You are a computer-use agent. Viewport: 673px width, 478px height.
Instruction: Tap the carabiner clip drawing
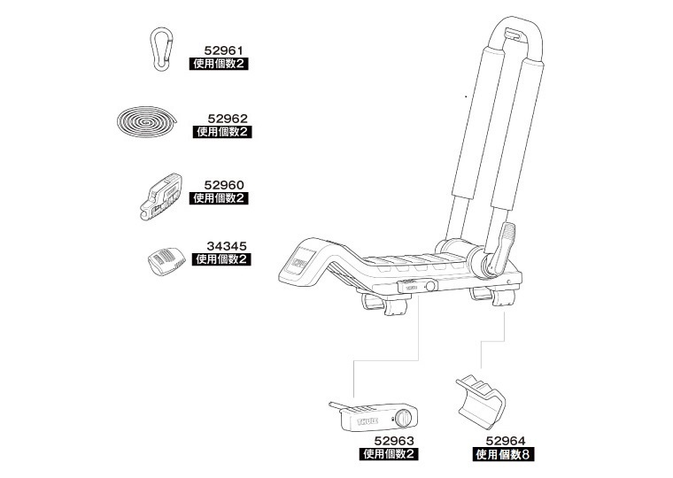click(159, 48)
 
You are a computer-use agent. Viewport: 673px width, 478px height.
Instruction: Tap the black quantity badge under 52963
click(389, 454)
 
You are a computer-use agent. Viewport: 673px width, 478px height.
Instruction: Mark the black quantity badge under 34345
click(221, 260)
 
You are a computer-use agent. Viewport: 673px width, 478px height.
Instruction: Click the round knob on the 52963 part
click(403, 417)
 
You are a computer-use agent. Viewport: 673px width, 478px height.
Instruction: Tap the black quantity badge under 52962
click(223, 131)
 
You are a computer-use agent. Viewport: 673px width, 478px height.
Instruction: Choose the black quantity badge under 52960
click(220, 198)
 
